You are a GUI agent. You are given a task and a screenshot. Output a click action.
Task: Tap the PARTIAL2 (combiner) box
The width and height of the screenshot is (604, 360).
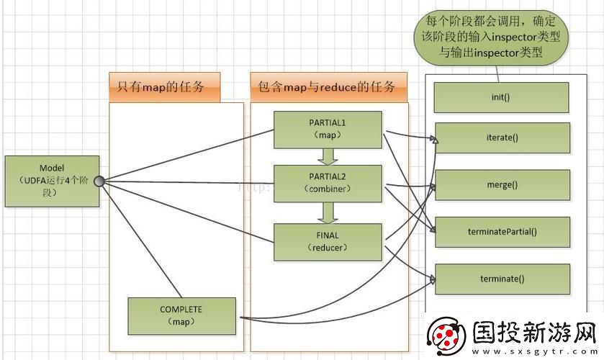(x=328, y=184)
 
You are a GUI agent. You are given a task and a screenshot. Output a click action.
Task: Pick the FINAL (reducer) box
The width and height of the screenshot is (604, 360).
(x=328, y=241)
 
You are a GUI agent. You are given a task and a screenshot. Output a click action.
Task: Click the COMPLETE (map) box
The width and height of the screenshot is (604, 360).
(x=181, y=315)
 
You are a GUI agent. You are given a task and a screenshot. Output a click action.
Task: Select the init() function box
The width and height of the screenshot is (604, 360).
(x=501, y=96)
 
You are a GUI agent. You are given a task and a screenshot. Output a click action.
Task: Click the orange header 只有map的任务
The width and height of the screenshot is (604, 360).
(x=164, y=88)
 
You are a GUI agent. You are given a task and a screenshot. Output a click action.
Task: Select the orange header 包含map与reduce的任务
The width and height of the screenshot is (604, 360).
(x=328, y=88)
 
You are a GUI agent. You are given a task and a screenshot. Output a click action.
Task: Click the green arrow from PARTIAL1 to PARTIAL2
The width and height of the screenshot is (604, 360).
(x=328, y=156)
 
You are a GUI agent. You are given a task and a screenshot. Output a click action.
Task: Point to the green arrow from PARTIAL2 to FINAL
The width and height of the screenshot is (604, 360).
(x=328, y=212)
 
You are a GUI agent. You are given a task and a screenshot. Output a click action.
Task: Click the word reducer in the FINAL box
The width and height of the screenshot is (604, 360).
(x=328, y=248)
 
